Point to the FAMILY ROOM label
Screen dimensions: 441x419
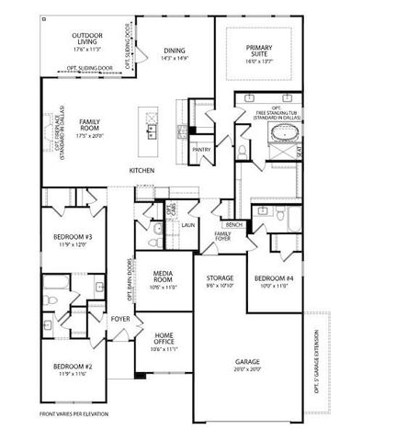89,127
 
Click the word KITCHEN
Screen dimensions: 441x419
141,171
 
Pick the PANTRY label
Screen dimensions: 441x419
200,148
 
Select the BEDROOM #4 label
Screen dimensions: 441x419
274,281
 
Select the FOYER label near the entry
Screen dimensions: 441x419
120,319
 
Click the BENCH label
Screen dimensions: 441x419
233,224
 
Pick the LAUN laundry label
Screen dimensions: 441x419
187,224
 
